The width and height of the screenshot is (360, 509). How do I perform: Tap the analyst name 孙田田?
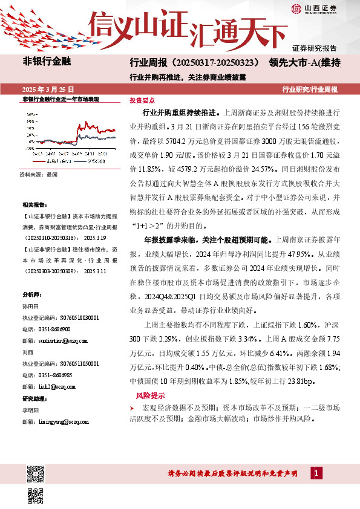(x=30, y=307)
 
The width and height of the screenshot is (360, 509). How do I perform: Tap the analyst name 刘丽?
(x=27, y=351)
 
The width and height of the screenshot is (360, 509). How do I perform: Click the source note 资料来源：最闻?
(x=38, y=173)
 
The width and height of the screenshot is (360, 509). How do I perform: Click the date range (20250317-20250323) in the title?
(x=215, y=62)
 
